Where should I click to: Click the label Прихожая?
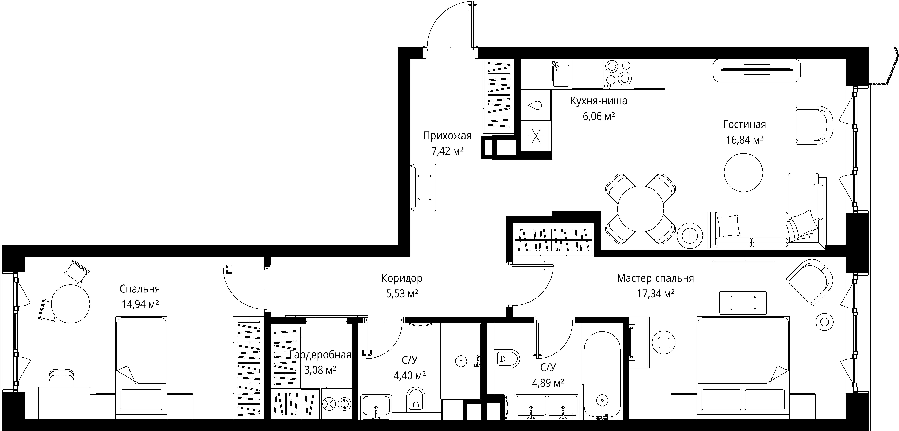coord(447,136)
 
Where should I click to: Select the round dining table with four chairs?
coord(640,208)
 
